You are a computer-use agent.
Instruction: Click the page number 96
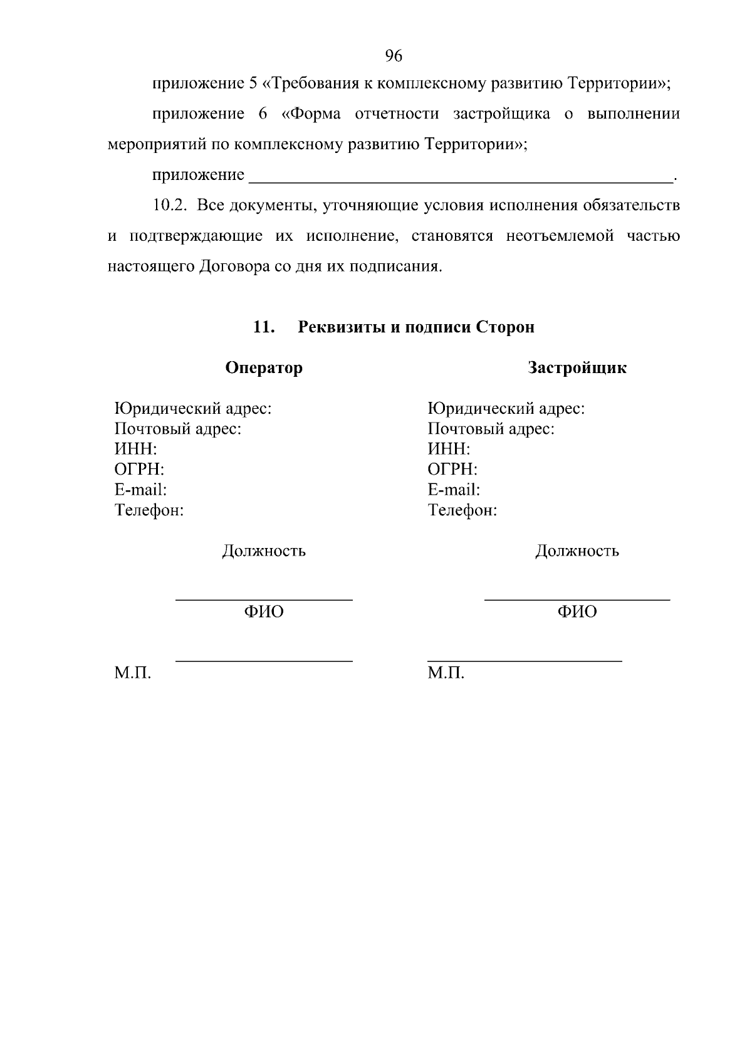point(393,56)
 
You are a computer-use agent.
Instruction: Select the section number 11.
point(264,327)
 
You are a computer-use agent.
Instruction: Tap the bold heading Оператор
point(264,367)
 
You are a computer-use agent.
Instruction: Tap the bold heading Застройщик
point(577,367)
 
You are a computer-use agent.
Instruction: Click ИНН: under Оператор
point(135,449)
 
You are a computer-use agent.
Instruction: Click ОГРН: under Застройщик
point(452,469)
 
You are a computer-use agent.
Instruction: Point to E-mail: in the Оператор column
point(140,490)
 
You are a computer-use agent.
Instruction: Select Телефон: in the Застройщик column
point(462,510)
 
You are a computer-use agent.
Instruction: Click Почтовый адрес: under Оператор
point(178,429)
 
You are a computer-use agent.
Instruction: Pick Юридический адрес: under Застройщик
point(506,409)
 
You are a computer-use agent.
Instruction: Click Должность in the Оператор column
point(264,551)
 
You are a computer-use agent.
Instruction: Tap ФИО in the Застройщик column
point(577,611)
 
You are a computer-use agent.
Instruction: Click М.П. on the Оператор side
point(133,673)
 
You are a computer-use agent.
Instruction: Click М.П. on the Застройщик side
point(446,673)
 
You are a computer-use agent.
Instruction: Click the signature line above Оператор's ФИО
point(264,600)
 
